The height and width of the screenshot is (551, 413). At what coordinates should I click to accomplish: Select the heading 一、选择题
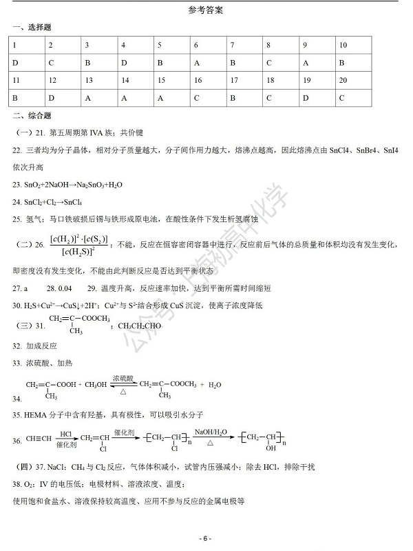point(32,27)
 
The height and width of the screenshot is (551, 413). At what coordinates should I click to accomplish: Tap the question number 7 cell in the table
point(233,45)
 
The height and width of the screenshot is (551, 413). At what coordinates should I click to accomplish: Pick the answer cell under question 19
point(306,98)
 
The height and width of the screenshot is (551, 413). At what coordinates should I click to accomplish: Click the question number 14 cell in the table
point(124,80)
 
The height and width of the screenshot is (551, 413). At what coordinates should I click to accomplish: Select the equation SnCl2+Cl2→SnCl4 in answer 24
point(53,202)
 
